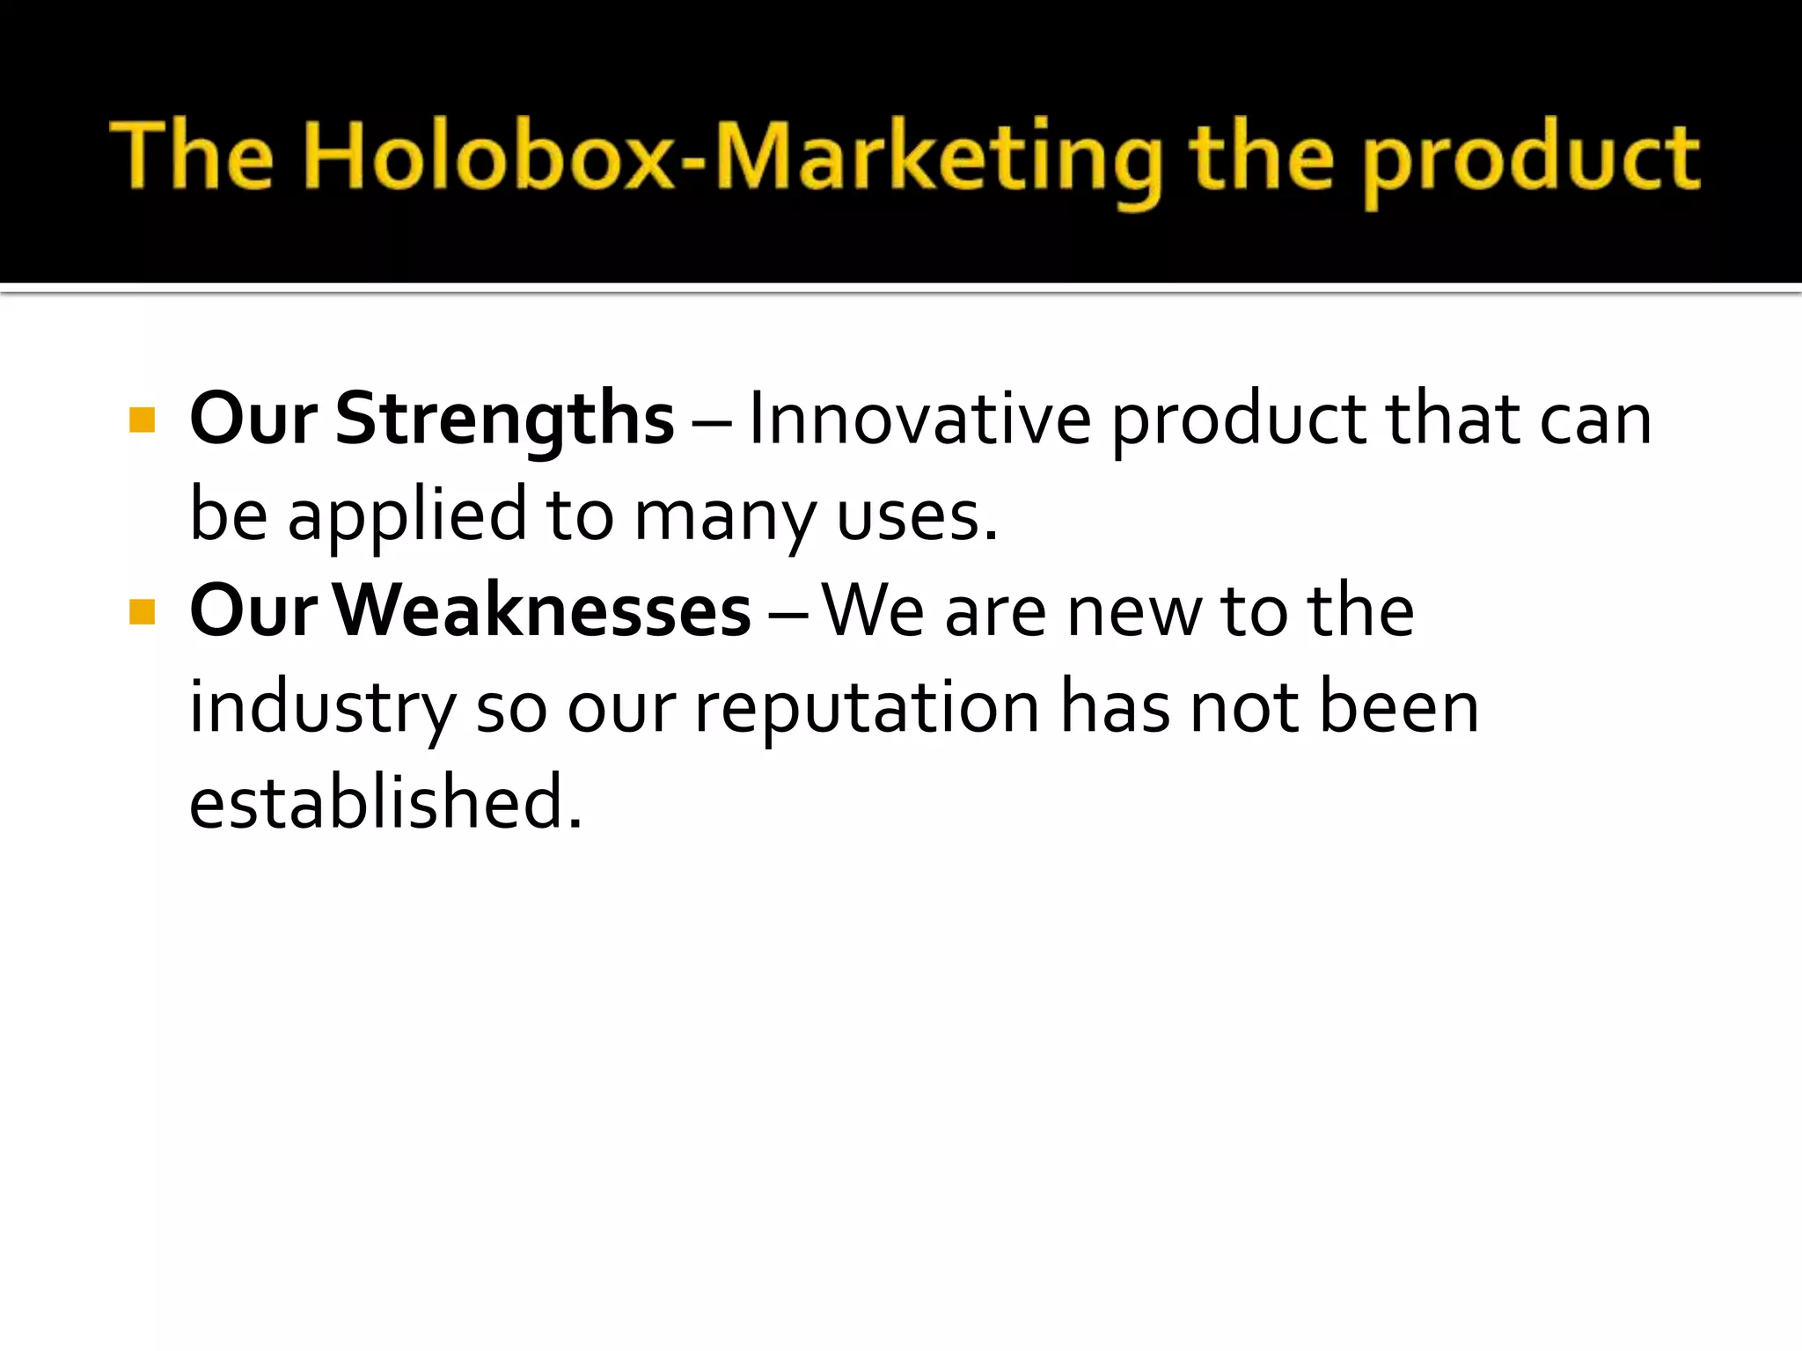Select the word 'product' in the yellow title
(x=1532, y=162)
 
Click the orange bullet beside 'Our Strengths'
(x=142, y=420)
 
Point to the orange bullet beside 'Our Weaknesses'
(x=142, y=611)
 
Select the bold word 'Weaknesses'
(x=541, y=610)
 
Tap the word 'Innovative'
(x=919, y=420)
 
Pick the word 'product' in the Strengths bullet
(x=1239, y=421)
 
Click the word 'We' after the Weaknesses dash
(x=873, y=610)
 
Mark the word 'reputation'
(x=868, y=708)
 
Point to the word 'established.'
(x=385, y=801)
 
